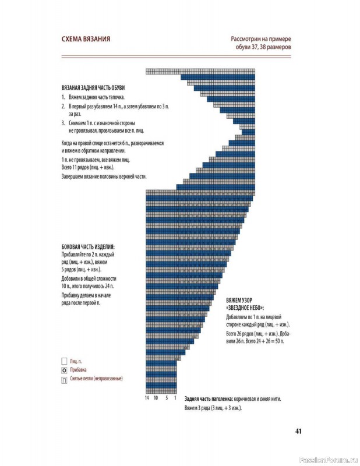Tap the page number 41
pos(297,432)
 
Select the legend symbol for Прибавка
pos(63,370)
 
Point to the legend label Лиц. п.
pos(76,361)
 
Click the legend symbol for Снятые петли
pos(63,379)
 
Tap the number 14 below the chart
pos(148,399)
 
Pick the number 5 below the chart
pos(167,399)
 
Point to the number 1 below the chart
pos(175,399)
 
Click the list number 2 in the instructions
pos(63,108)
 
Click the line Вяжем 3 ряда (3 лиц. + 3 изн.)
pos(213,408)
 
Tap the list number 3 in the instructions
pos(63,123)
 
